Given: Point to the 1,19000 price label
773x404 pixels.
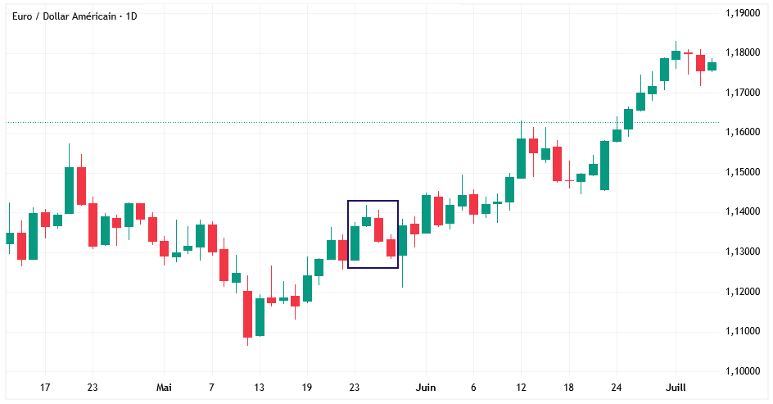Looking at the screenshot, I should [x=742, y=13].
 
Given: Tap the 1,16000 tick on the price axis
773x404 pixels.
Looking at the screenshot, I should [x=742, y=132].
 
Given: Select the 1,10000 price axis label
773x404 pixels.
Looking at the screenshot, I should [x=742, y=371].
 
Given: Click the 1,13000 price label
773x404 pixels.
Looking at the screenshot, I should [x=742, y=252].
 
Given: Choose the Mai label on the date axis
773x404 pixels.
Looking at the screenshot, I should [x=164, y=388].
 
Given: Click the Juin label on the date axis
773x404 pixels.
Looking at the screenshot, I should [x=425, y=388].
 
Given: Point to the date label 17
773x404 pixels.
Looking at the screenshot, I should [x=45, y=388].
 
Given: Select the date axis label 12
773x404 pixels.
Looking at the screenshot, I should [x=521, y=388].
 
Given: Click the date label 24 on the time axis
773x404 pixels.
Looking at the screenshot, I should [x=617, y=388].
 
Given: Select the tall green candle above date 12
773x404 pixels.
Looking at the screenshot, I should [x=521, y=158].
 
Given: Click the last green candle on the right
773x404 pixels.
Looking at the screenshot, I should [x=712, y=66].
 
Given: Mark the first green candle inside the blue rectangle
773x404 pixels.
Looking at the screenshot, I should [x=355, y=243].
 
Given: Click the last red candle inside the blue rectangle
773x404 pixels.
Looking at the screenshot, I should [x=391, y=247].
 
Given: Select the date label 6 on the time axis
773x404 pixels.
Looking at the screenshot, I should [x=473, y=388].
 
